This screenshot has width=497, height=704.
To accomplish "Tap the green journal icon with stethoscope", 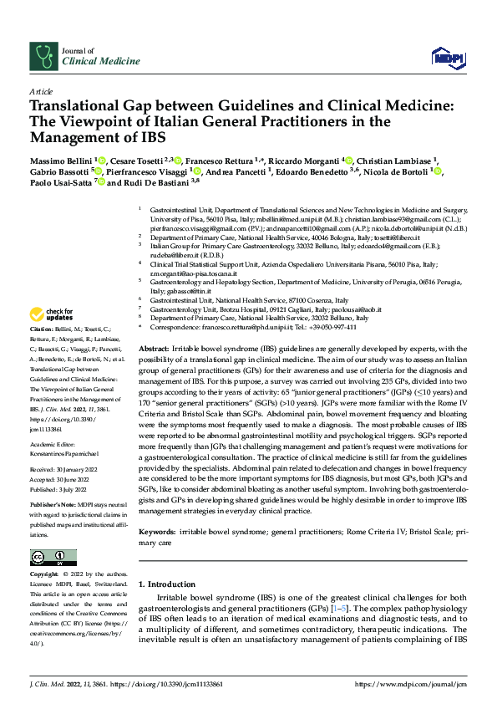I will (x=43, y=56).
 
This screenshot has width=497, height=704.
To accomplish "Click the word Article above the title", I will (x=41, y=90).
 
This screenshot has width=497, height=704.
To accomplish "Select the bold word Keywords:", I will (x=159, y=508).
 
